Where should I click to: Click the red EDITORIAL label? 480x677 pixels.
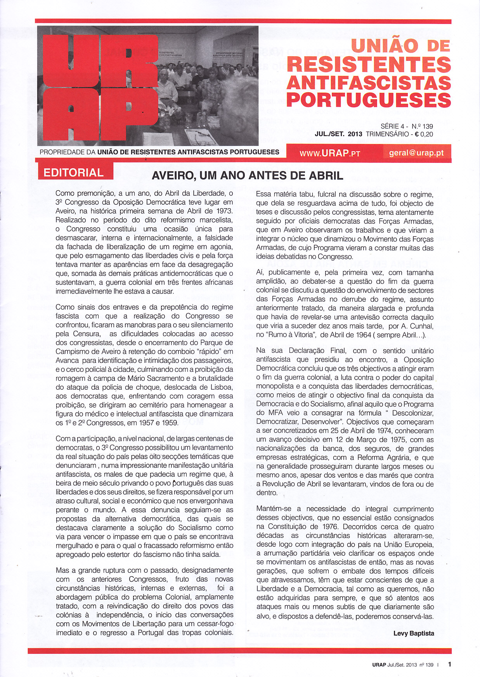coord(74,173)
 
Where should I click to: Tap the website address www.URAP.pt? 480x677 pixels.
coord(330,153)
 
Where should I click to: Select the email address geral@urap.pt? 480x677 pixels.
coord(416,153)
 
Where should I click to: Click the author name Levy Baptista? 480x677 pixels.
coord(414,633)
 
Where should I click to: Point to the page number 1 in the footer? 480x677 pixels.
coord(450,664)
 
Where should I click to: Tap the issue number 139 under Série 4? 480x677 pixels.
coord(428,126)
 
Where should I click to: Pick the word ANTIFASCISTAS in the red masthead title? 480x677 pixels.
coord(369,83)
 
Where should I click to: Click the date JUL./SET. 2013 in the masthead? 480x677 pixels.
coord(338,135)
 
